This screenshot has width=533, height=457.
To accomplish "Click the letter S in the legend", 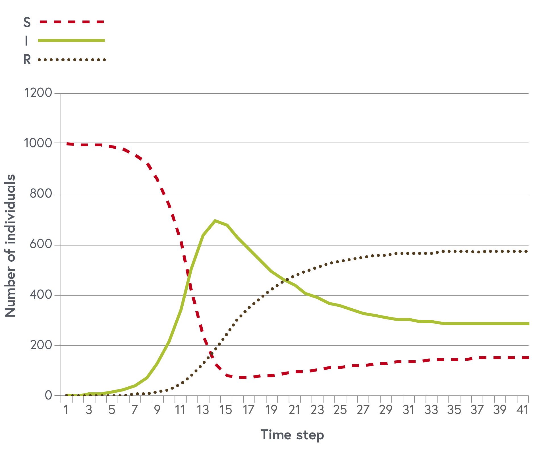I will coord(27,22).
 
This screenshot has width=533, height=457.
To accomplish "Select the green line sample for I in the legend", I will coord(71,41).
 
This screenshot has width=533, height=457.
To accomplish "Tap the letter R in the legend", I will coord(27,60).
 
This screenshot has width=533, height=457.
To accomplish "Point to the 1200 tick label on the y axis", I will coord(38,93).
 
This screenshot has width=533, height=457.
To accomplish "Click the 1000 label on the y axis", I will coord(38,143).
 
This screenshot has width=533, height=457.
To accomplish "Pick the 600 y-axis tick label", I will coord(41,245).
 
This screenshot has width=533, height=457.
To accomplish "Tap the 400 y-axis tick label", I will coord(41,295).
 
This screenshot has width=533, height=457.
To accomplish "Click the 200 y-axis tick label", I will coord(41,345).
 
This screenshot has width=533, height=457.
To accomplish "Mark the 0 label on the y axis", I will coord(49,395).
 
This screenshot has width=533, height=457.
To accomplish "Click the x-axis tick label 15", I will coord(226,410).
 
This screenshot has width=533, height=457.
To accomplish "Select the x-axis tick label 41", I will coord(522,410).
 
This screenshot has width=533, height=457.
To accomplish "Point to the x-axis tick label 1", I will coord(66,410).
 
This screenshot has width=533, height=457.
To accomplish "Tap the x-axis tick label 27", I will coord(363,410).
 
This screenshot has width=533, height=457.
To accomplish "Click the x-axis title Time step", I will coord(292,435).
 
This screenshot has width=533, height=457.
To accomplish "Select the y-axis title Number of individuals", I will coord(10,245).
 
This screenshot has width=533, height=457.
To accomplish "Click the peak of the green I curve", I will coord(215,221).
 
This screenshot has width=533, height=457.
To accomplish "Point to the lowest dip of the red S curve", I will coord(244,378).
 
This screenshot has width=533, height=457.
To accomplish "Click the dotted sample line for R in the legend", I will coord(72,60).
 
